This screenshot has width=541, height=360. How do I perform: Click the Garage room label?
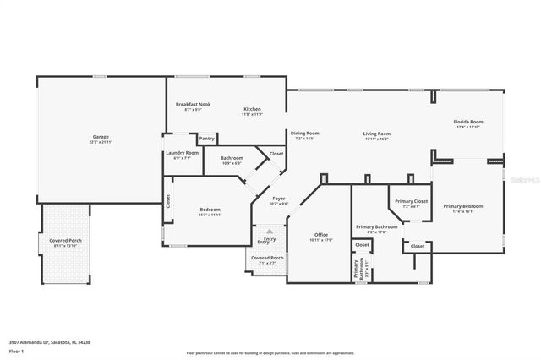101,136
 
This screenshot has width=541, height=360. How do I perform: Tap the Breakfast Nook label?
193,104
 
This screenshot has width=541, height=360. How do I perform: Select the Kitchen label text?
252,109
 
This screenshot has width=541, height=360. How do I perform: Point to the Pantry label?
206,139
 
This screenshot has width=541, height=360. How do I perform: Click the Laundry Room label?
182,152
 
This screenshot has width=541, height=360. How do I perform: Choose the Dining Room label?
304,133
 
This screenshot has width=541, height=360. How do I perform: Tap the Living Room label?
377,133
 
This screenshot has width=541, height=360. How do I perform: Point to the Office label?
321,234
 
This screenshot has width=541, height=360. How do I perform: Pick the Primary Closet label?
412,201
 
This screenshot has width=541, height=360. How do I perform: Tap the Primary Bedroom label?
463,206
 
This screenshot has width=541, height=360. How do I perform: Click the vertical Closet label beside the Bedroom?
167,201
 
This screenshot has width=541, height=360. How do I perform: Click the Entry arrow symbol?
269,230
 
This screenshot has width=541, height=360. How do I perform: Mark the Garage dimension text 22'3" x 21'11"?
101,142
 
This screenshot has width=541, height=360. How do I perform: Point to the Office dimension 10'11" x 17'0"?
321,240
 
